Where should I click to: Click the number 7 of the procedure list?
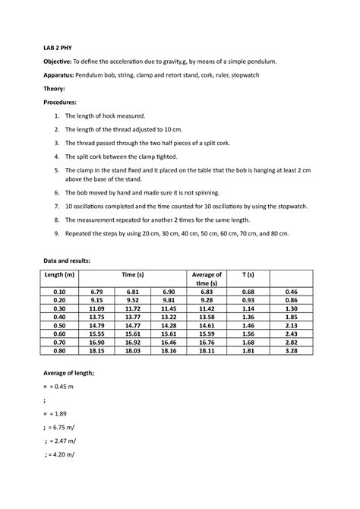click(x=55, y=206)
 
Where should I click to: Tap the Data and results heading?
click(x=71, y=261)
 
